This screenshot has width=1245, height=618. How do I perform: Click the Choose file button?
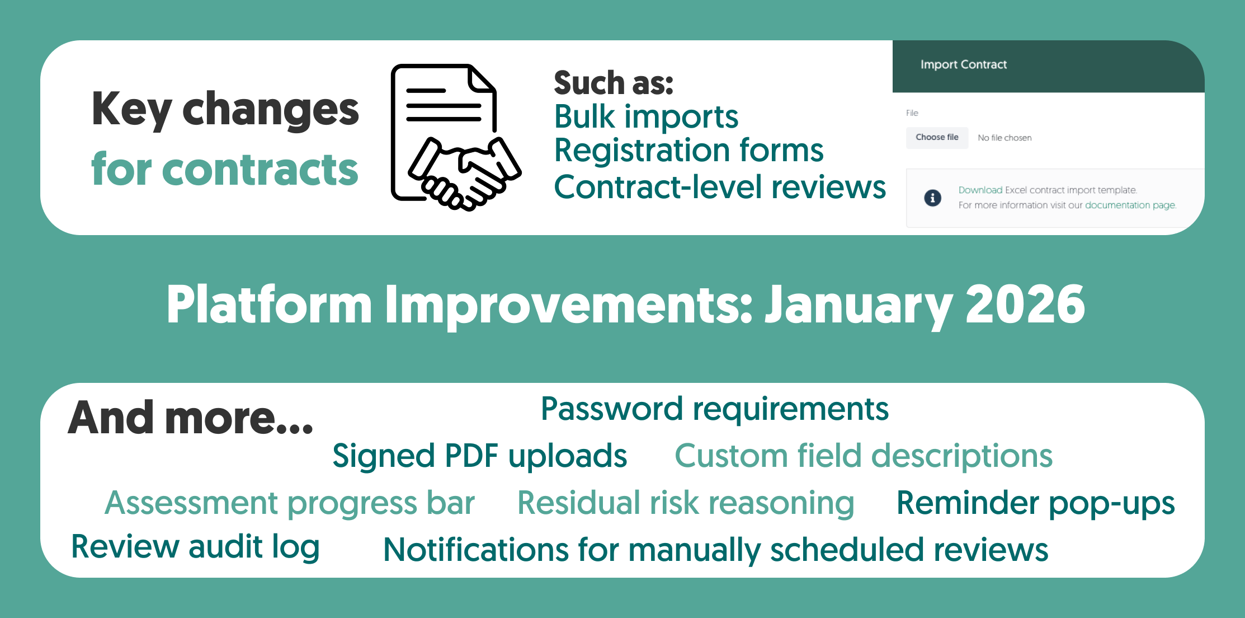(937, 138)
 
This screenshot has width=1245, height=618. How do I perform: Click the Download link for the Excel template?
(980, 190)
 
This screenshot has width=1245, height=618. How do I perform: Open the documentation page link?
(1130, 205)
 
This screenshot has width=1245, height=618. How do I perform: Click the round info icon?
(932, 198)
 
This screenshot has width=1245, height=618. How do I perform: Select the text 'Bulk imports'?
(646, 117)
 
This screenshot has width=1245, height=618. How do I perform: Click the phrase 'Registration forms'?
(688, 150)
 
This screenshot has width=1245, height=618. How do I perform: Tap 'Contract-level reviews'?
(720, 186)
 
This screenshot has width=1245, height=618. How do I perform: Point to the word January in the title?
(859, 307)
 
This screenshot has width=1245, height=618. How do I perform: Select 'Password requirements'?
(714, 410)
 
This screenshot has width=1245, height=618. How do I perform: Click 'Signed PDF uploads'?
(479, 456)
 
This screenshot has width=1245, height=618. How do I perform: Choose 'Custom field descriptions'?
(864, 456)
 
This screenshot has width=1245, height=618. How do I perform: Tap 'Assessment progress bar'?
(290, 503)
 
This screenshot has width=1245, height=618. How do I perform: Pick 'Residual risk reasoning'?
(686, 503)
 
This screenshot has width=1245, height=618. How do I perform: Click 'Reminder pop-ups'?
(1035, 503)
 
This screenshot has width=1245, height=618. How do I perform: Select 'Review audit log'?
(195, 547)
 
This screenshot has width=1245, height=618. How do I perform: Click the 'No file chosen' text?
(1005, 138)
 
